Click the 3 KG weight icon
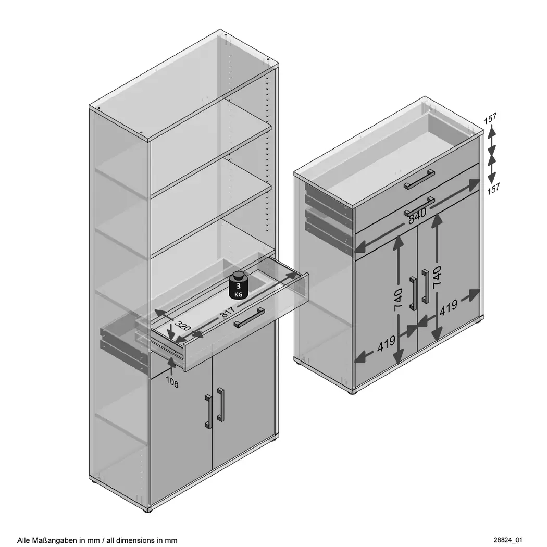pyautogui.click(x=238, y=285)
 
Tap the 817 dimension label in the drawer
pyautogui.click(x=228, y=312)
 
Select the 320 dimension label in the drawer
pyautogui.click(x=182, y=326)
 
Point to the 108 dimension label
pyautogui.click(x=171, y=382)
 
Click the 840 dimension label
pyautogui.click(x=417, y=216)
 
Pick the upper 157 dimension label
pyautogui.click(x=490, y=118)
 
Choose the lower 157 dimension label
pyautogui.click(x=493, y=189)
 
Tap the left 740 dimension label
pyautogui.click(x=398, y=300)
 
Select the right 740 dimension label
pyautogui.click(x=437, y=277)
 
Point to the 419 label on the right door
pyautogui.click(x=448, y=308)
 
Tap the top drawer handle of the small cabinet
pyautogui.click(x=419, y=180)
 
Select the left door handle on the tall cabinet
pyautogui.click(x=208, y=411)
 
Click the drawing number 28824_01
pyautogui.click(x=507, y=540)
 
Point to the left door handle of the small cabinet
pyautogui.click(x=413, y=293)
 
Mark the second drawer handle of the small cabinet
pyautogui.click(x=419, y=207)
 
